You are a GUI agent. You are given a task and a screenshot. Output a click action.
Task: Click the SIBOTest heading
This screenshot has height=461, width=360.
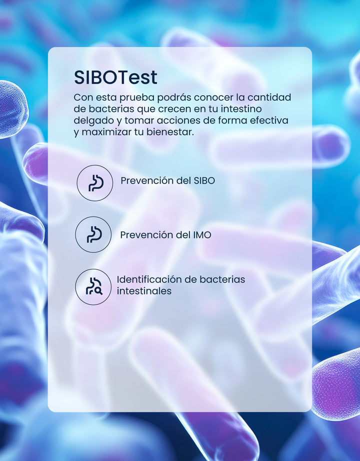coord(115,77)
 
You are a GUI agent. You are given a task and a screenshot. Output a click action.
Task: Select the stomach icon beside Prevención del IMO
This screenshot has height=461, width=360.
coord(94,234)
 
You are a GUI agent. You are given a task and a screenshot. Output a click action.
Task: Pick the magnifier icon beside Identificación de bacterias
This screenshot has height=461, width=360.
coord(94,286)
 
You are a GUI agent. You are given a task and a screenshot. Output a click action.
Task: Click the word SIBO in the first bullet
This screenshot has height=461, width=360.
coord(204,180)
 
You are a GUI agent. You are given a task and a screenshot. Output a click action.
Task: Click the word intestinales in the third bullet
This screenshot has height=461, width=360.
coord(144,291)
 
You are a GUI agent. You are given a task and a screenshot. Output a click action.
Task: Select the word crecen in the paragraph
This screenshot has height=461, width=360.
coord(174,109)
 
